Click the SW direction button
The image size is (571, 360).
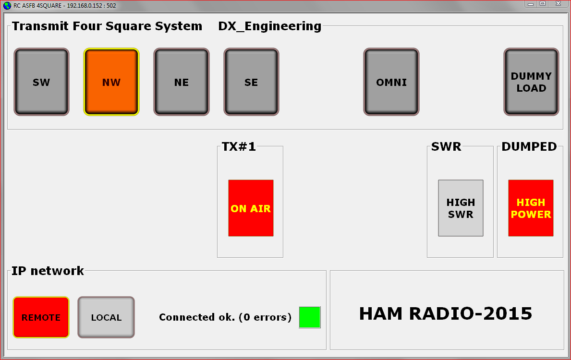pyautogui.click(x=41, y=82)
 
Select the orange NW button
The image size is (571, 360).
pyautogui.click(x=111, y=82)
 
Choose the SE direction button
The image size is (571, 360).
pyautogui.click(x=251, y=82)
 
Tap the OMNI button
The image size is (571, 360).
pyautogui.click(x=391, y=82)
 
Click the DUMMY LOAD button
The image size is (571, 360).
pyautogui.click(x=531, y=82)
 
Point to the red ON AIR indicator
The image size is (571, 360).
pyautogui.click(x=251, y=208)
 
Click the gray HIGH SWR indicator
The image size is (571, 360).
pyautogui.click(x=461, y=208)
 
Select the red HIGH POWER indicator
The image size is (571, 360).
pyautogui.click(x=531, y=208)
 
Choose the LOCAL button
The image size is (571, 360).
pyautogui.click(x=106, y=317)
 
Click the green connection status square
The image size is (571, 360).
pyautogui.click(x=310, y=317)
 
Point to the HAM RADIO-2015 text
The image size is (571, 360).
pyautogui.click(x=446, y=313)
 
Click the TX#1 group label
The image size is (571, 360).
pyautogui.click(x=239, y=146)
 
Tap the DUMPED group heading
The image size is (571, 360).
pyautogui.click(x=529, y=146)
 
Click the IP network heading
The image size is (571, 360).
pyautogui.click(x=48, y=271)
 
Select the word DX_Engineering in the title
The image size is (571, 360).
pyautogui.click(x=270, y=26)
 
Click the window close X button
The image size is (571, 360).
pyautogui.click(x=558, y=4)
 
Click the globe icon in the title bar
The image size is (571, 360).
pyautogui.click(x=7, y=5)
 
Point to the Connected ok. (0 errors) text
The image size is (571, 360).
pyautogui.click(x=225, y=317)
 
